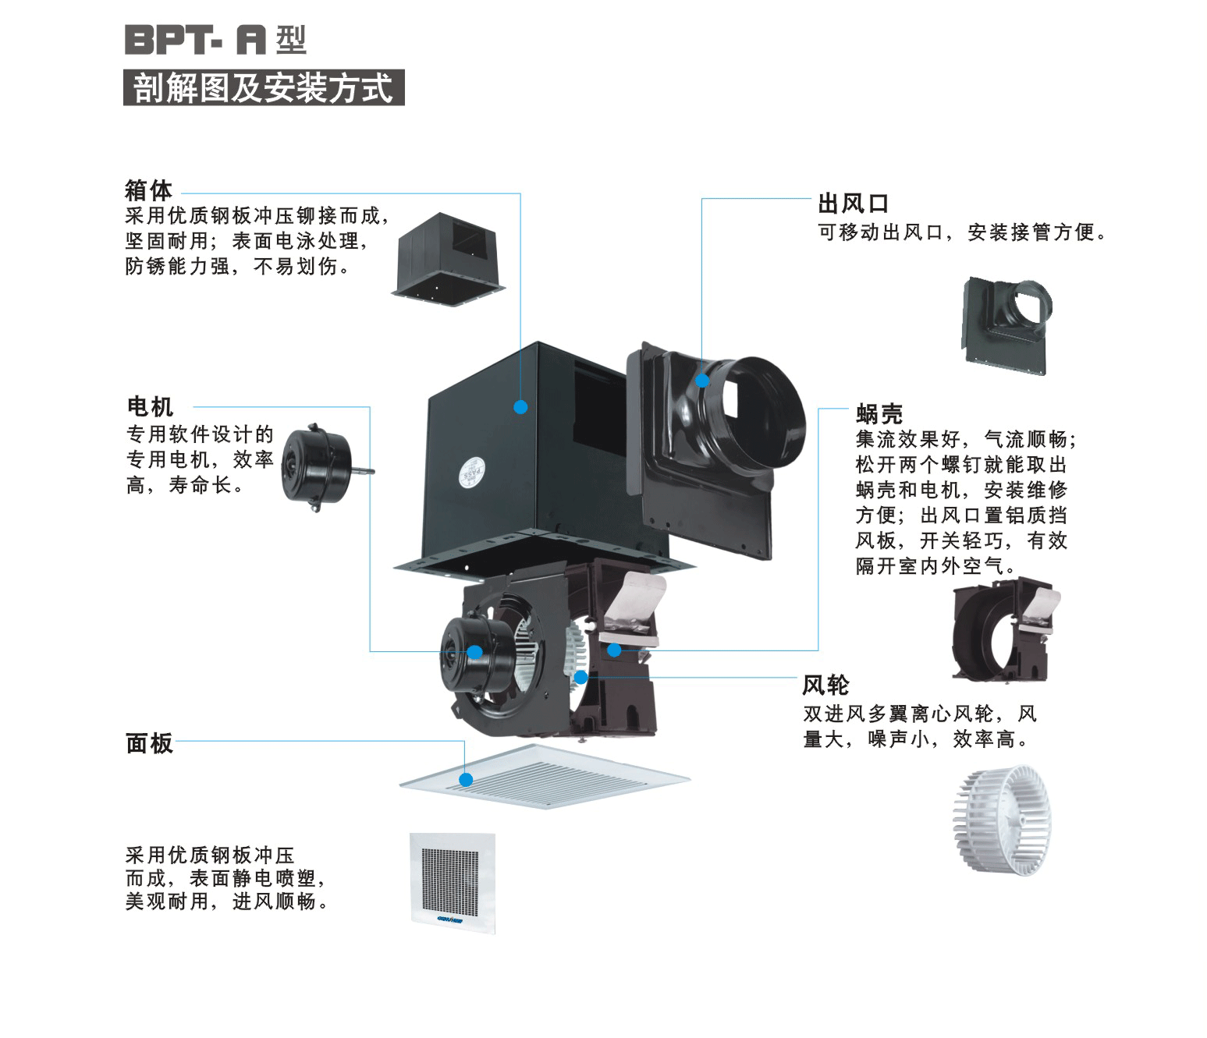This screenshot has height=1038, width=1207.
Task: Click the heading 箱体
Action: point(149,190)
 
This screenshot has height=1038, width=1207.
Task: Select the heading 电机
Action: point(150,406)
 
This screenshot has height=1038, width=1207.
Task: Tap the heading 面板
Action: point(149,743)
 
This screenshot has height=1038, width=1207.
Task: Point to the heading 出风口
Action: point(853,204)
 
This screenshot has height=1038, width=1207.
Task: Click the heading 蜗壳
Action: point(879,413)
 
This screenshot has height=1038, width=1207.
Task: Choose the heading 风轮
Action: point(825,686)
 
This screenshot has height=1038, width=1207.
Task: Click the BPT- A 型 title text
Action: point(215,40)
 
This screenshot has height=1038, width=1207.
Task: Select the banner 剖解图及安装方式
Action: point(264,87)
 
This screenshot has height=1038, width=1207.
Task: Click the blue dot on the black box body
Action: point(520,407)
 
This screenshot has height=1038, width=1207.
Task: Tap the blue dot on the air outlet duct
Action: point(702,381)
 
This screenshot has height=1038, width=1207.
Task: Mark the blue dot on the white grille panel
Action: point(466,780)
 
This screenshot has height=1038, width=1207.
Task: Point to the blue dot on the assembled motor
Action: point(474,653)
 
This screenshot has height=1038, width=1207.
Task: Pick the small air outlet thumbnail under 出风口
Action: point(1006,325)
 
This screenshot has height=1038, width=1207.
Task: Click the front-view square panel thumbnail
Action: point(453,882)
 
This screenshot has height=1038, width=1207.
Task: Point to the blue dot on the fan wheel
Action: point(580,678)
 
